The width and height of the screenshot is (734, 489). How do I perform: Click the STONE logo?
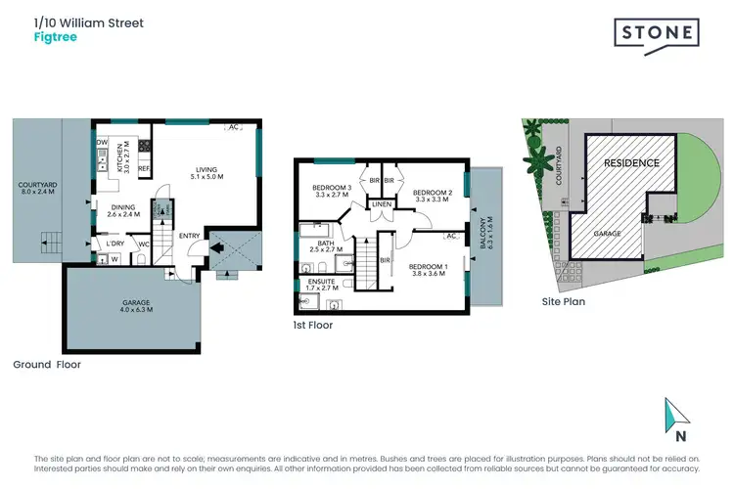click(656, 33)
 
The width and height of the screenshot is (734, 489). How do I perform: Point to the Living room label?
click(206, 173)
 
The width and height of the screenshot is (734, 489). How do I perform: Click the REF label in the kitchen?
click(143, 169)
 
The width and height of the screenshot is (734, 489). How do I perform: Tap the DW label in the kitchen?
click(102, 143)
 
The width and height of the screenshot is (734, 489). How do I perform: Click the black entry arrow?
click(217, 248)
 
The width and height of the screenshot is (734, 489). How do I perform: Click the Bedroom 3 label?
click(332, 190)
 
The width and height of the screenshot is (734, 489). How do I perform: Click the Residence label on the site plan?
click(630, 162)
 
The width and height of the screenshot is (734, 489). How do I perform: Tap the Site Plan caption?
click(564, 302)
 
